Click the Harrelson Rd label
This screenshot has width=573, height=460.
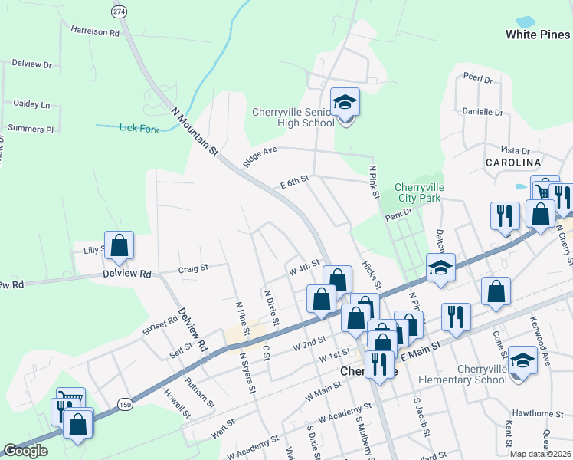point(96,33)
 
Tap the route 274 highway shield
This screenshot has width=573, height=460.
point(118,12)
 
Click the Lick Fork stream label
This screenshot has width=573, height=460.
point(139,129)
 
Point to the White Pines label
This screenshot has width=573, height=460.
point(538,34)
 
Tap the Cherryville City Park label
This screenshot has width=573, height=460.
point(417,192)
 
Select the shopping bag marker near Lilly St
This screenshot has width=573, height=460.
point(119,246)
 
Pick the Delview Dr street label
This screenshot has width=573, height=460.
point(31,65)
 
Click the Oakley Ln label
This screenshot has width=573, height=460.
point(31,103)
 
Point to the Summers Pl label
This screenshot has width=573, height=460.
point(31,129)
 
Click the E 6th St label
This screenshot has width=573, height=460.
point(294,181)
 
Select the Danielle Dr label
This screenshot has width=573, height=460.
point(483,112)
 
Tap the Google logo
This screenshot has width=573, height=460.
point(25,451)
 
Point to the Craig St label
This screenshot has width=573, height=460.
point(193,268)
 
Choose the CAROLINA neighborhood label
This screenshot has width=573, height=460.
point(512,163)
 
